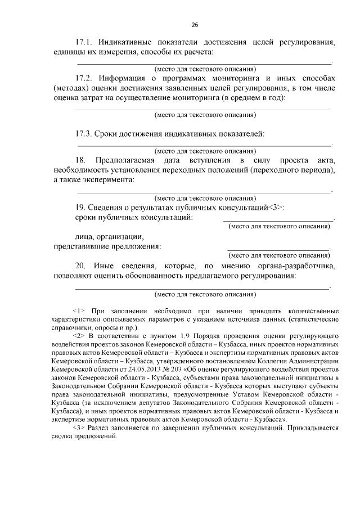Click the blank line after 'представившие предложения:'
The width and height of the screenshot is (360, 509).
coord(278,248)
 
